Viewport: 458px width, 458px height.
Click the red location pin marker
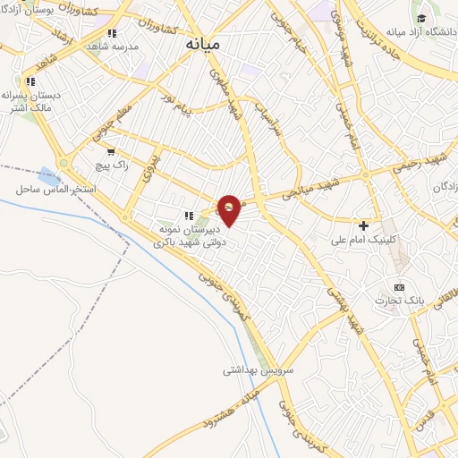[230, 208]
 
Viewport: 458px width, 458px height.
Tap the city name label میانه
[206, 42]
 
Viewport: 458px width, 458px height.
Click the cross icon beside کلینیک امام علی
[363, 225]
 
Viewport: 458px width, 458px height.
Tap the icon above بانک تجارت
[399, 286]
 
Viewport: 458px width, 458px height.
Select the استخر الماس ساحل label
[49, 190]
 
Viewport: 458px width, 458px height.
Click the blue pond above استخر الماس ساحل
[47, 174]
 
